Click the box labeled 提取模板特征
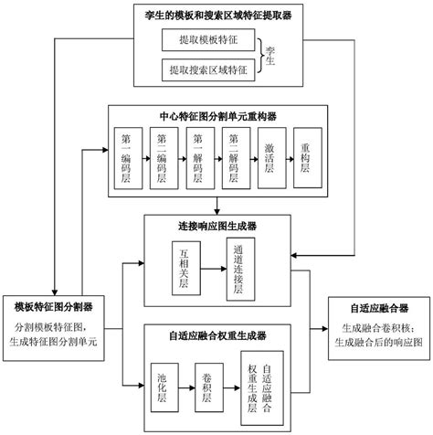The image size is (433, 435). coord(209,40)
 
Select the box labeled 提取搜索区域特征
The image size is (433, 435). coord(209,69)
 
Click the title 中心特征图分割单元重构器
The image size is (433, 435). coord(216,116)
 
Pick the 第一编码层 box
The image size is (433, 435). coord(126,157)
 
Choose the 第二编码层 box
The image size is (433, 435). coord(162,157)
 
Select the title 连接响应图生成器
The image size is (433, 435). coord(216,226)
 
